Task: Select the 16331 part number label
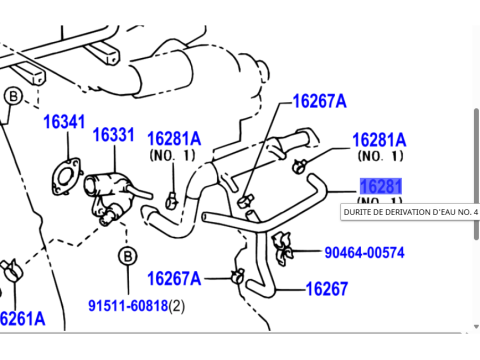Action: (x=114, y=134)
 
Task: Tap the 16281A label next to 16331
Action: (x=174, y=139)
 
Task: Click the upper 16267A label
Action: (x=319, y=101)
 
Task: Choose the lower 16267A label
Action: (x=174, y=278)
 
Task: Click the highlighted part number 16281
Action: (x=381, y=187)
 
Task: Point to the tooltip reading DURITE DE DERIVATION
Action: (x=410, y=212)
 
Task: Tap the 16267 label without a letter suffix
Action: (x=326, y=289)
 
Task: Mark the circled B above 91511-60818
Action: (x=127, y=257)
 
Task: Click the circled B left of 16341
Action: (x=14, y=97)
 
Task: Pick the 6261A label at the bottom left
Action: (x=22, y=319)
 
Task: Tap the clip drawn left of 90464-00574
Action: (x=282, y=241)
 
